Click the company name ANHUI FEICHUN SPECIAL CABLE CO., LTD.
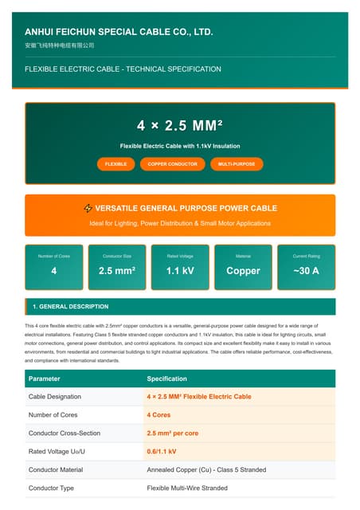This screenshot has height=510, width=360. click(119, 32)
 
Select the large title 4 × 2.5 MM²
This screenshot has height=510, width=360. click(180, 126)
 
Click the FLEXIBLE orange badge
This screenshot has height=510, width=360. click(115, 163)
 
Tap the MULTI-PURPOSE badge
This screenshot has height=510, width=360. click(237, 163)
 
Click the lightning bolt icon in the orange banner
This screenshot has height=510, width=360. click(88, 209)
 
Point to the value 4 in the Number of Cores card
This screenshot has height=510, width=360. click(54, 271)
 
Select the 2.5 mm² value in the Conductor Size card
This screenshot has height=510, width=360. click(117, 271)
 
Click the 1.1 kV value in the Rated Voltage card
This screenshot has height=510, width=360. click(180, 271)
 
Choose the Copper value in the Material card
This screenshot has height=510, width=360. click(243, 271)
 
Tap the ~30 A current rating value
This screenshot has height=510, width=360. click(306, 271)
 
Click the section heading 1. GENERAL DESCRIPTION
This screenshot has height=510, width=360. click(70, 307)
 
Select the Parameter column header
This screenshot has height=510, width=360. click(45, 379)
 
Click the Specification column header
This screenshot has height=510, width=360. click(167, 379)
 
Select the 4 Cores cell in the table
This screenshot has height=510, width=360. click(158, 414)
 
